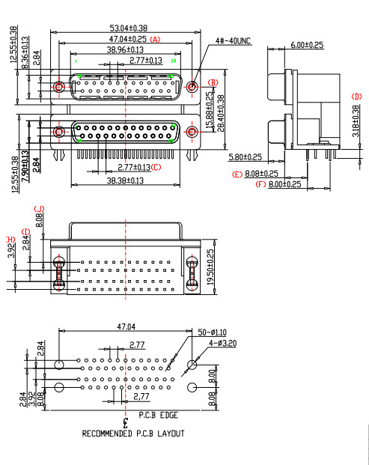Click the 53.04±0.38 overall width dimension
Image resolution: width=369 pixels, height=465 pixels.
[128, 28]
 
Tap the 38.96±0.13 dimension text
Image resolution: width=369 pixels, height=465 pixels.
[125, 49]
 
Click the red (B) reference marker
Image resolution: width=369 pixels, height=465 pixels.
[213, 82]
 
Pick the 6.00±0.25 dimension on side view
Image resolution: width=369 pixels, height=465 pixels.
[306, 45]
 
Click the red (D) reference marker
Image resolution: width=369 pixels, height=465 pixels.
[356, 97]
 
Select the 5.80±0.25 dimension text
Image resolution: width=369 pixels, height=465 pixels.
[245, 157]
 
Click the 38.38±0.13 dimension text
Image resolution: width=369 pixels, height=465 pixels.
[124, 181]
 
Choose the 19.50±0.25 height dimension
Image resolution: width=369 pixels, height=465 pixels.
[210, 265]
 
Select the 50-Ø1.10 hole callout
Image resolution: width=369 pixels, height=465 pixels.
[212, 331]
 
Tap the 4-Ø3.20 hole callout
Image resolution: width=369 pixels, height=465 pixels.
[223, 342]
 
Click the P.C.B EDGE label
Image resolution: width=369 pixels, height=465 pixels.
[158, 414]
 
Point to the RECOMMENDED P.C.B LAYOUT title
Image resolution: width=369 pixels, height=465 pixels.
[133, 434]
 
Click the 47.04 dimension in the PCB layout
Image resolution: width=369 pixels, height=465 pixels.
[126, 326]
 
